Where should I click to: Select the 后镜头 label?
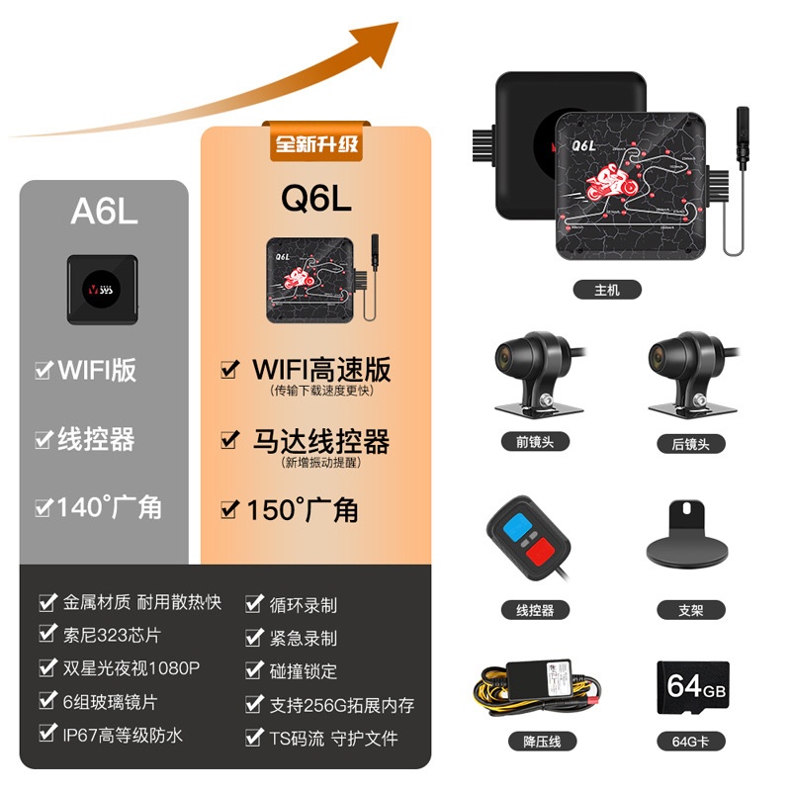(x=691, y=442)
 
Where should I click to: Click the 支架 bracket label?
(x=691, y=610)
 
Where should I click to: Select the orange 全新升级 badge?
(x=316, y=145)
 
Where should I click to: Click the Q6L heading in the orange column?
(x=316, y=200)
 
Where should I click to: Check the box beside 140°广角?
(x=44, y=508)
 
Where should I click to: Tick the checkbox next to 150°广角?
(x=230, y=510)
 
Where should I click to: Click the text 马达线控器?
(x=320, y=441)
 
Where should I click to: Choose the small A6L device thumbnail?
(x=103, y=290)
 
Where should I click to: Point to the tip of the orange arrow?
(x=395, y=24)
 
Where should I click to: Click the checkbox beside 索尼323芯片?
(x=46, y=634)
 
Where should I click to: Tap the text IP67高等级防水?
(x=124, y=735)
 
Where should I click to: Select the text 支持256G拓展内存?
(x=342, y=705)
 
